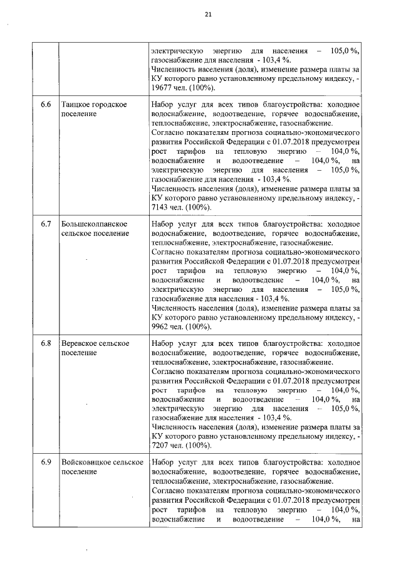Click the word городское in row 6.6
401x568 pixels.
click(x=111, y=104)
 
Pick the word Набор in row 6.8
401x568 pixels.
click(x=164, y=344)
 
